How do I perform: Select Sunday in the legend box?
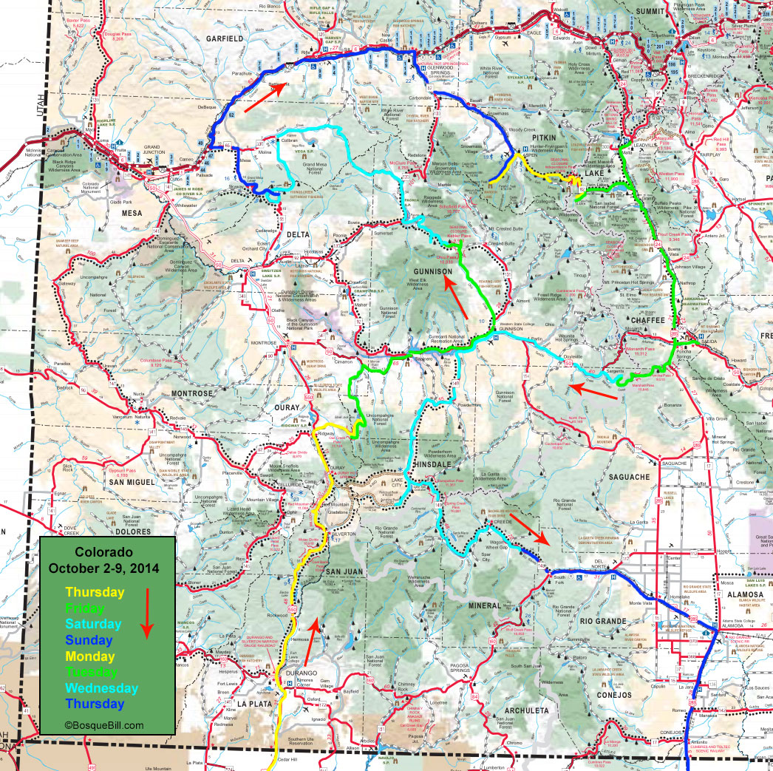[89, 640]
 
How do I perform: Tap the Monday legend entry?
[89, 656]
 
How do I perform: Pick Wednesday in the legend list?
[102, 688]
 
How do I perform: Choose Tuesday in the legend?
[91, 673]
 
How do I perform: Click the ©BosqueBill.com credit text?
[104, 725]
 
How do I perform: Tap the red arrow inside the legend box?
[146, 613]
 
